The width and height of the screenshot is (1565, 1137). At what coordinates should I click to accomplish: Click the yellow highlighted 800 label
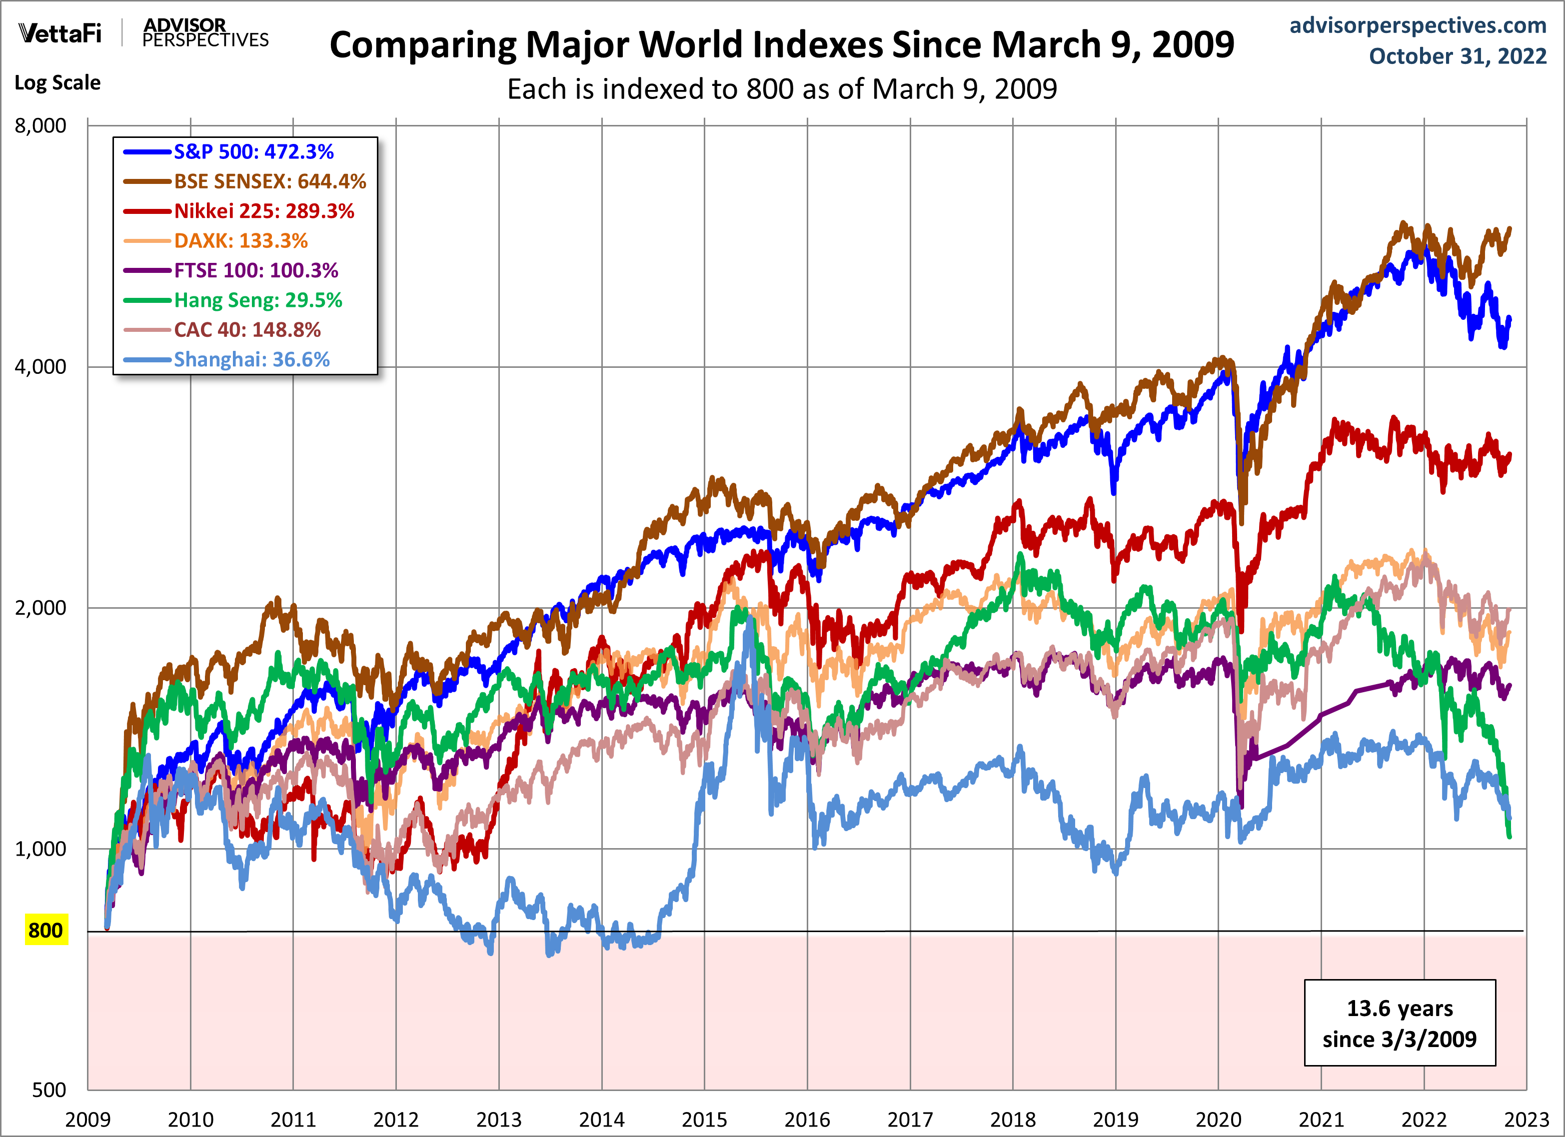[45, 930]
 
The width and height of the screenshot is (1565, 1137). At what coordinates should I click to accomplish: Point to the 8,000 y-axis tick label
[40, 125]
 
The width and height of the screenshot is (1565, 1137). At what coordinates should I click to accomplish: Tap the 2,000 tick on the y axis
[40, 608]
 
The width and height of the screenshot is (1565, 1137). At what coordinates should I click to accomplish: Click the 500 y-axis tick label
[49, 1090]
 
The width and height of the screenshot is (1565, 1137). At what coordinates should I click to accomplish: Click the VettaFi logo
[60, 32]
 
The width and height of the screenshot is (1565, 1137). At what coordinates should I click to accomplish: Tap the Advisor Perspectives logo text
[205, 32]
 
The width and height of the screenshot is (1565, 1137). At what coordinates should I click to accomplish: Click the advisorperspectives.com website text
[1418, 25]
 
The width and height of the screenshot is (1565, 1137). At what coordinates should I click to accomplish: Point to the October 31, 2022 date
[1458, 56]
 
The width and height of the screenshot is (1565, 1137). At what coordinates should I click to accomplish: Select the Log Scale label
[57, 83]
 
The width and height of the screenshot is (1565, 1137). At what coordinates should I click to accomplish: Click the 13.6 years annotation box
[1400, 1023]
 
